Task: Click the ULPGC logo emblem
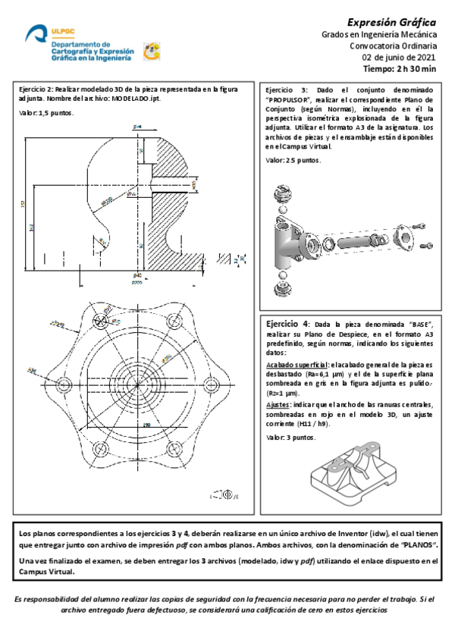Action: tap(36, 34)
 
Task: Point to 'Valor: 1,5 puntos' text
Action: tap(46, 113)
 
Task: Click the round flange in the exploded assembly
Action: tap(406, 237)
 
